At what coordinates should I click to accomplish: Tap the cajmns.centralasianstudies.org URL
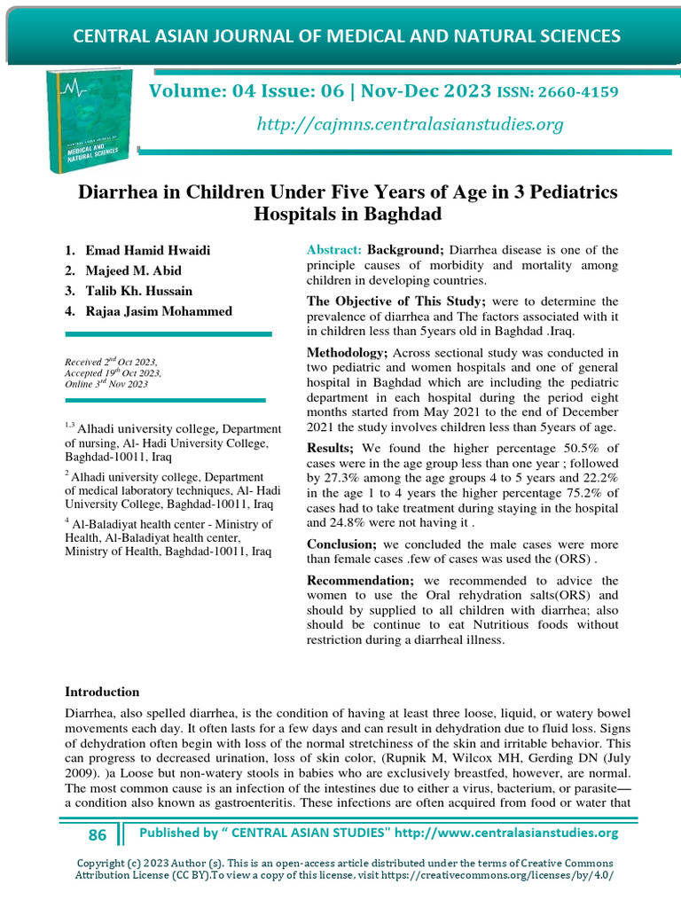coord(410,124)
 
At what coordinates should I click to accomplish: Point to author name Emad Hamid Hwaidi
coord(149,251)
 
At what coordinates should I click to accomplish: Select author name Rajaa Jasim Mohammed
coord(159,310)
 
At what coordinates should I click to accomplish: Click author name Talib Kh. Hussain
coord(139,291)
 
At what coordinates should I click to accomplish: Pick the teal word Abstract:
coord(334,250)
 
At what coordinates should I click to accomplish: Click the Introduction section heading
coord(102,692)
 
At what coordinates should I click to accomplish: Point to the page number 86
coord(98,834)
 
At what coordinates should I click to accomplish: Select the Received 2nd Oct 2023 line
coord(111,363)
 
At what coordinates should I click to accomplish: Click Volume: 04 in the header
coord(191,92)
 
